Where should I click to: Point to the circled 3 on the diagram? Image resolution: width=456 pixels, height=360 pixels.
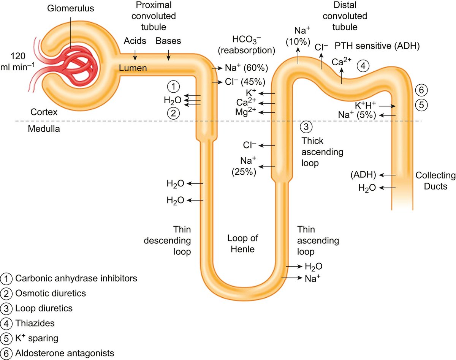pos(306,127)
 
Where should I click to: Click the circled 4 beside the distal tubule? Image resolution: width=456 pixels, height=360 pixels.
pos(363,66)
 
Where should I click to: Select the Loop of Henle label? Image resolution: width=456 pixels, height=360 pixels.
pos(243,243)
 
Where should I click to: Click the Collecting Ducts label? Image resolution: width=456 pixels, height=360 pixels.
pos(435,181)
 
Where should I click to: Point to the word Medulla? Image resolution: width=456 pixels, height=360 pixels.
pos(44,128)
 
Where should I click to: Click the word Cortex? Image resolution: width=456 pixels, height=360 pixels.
pos(44,112)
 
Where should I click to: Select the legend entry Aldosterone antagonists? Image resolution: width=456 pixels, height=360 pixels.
pos(65,353)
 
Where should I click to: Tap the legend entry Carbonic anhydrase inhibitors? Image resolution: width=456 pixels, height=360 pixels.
pos(76,278)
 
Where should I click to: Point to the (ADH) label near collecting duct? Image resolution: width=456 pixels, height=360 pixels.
pos(364,175)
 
